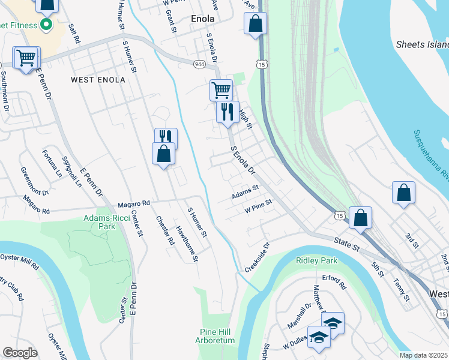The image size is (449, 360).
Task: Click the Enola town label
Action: pos(202,19)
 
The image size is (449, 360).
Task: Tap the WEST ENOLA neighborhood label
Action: pos(98,79)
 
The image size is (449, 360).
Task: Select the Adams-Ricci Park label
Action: pos(99,223)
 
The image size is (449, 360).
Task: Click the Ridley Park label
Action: pos(316,260)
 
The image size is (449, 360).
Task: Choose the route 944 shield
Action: pos(200,64)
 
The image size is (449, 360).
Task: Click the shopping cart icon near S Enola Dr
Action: pos(221,91)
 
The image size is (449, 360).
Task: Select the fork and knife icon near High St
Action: pos(228,112)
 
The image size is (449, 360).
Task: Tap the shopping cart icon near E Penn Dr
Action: pos(26,59)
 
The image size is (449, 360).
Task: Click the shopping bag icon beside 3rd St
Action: pos(404,193)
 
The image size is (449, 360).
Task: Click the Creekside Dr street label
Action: pos(258,256)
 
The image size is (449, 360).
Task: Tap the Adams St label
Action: pos(246,192)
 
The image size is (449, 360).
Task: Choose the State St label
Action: pos(346,243)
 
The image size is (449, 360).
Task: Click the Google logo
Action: pos(20,353)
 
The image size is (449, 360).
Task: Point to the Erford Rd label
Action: pos(334,282)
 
